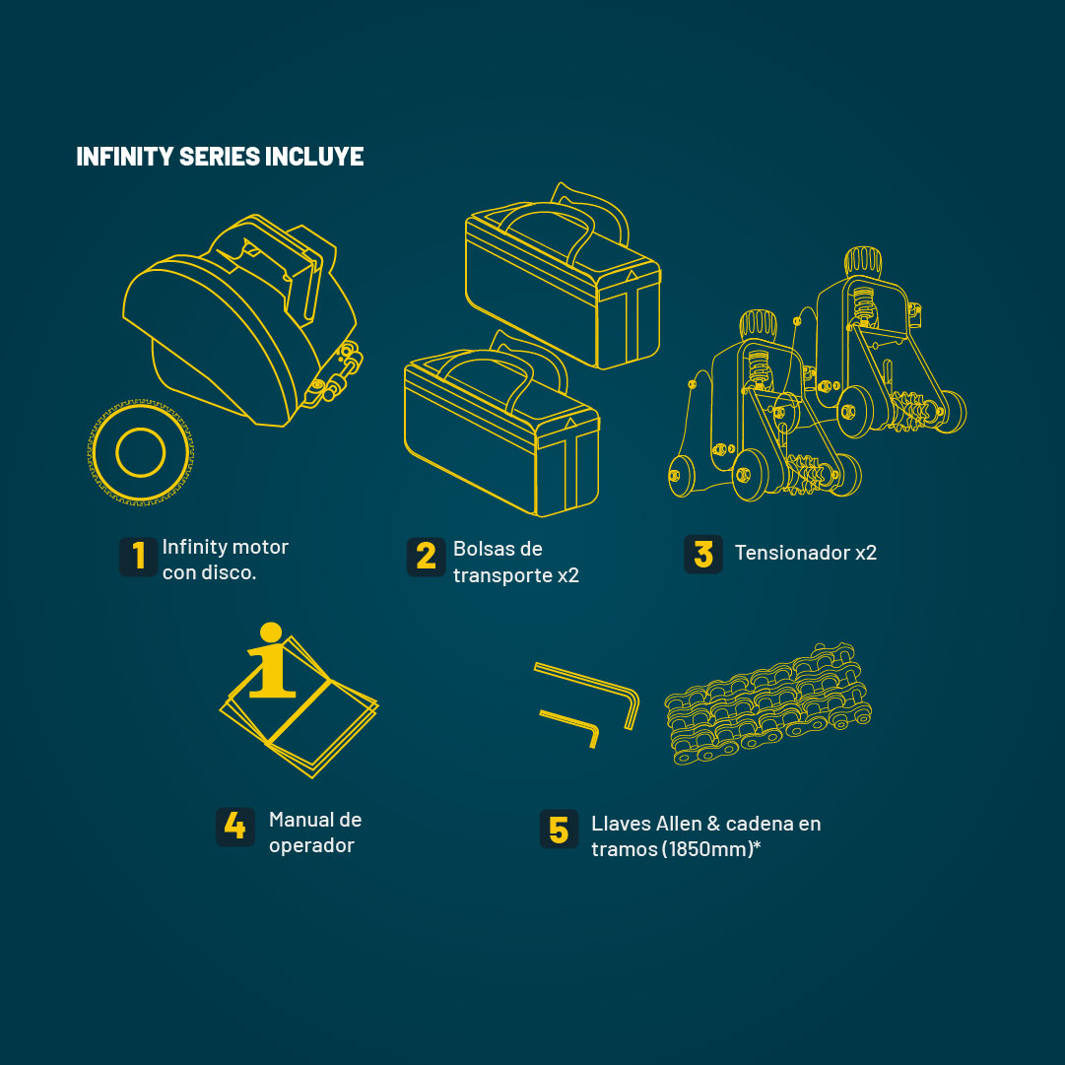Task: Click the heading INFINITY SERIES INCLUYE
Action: coord(220,157)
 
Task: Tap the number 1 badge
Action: coord(139,557)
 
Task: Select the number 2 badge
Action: coord(426,557)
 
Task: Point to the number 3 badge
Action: coord(703,555)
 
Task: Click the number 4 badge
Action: coord(235,827)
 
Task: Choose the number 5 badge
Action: coord(559,829)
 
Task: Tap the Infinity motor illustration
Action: coord(242,320)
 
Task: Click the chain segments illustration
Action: coord(767,703)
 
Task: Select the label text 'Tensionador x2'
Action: coord(806,553)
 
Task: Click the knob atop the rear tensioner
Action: coord(863,261)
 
